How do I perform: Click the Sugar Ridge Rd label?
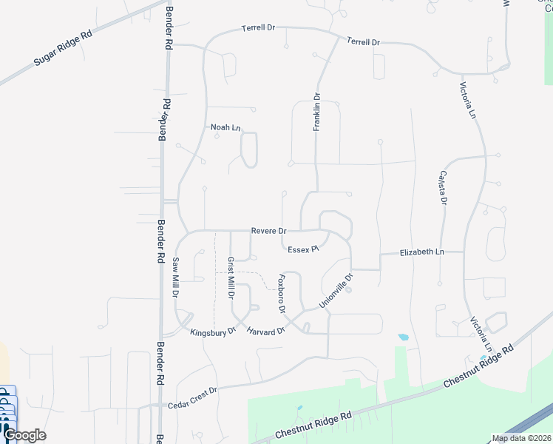(62, 50)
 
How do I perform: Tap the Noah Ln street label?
(225, 127)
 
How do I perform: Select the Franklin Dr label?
(316, 112)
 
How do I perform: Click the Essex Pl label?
(303, 249)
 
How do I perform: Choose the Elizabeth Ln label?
(421, 252)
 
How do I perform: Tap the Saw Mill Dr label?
(177, 277)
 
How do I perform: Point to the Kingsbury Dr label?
(212, 332)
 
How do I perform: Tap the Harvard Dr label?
(265, 331)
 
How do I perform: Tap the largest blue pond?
(403, 337)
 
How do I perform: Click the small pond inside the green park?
(299, 408)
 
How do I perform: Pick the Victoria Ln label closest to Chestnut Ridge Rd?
(481, 334)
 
